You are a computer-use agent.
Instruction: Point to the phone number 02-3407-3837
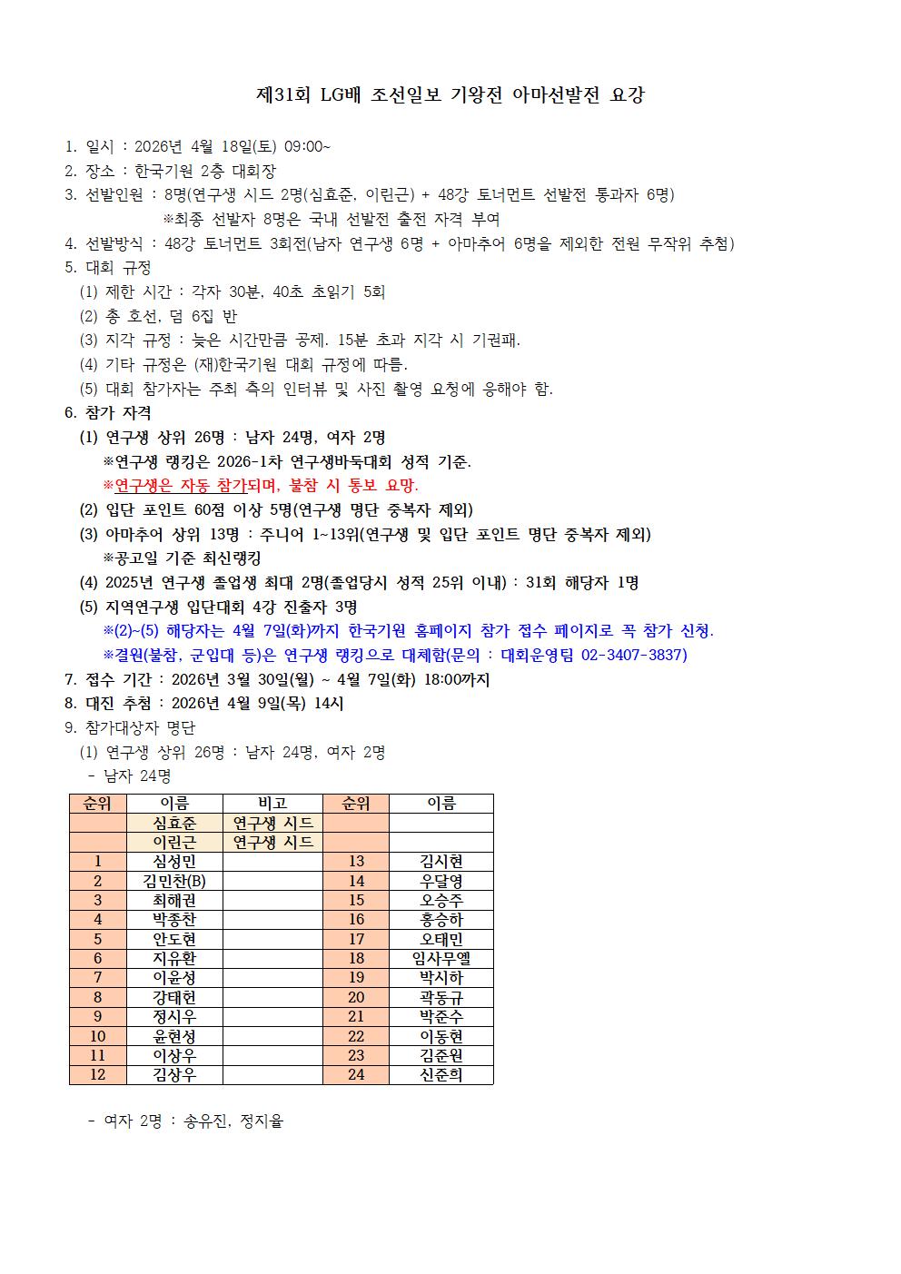pyautogui.click(x=633, y=655)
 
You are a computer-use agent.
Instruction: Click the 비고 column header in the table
pyautogui.click(x=272, y=803)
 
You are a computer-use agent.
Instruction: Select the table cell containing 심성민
pyautogui.click(x=174, y=862)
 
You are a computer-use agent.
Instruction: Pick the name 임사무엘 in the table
pyautogui.click(x=441, y=958)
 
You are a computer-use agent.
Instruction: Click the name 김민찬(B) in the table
pyautogui.click(x=174, y=881)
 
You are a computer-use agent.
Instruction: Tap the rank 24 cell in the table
pyautogui.click(x=356, y=1075)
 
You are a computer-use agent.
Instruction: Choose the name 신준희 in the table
pyautogui.click(x=441, y=1075)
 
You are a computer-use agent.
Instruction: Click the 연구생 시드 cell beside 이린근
pyautogui.click(x=272, y=842)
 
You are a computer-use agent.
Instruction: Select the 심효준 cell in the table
pyautogui.click(x=174, y=823)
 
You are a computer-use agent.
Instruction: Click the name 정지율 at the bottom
pyautogui.click(x=262, y=1121)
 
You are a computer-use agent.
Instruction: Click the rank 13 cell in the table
pyautogui.click(x=356, y=862)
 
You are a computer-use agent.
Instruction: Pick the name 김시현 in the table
pyautogui.click(x=441, y=862)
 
